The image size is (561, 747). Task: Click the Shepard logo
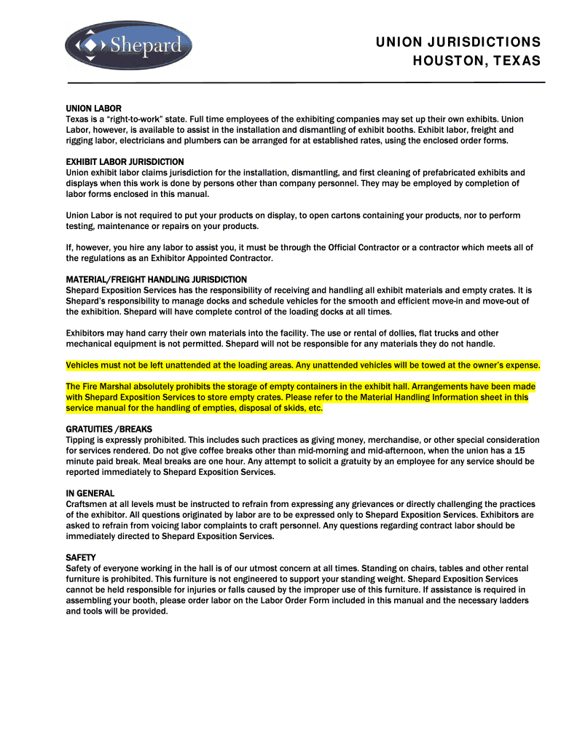pos(128,46)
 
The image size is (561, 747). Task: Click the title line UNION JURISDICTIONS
pos(458,42)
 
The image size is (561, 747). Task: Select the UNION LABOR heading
pos(93,109)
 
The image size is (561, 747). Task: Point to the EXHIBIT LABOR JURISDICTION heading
pos(125,162)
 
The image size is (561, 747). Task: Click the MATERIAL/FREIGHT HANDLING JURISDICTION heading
pos(156,279)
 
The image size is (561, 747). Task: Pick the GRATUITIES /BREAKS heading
pos(109,430)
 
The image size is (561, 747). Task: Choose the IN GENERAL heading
pos(91,494)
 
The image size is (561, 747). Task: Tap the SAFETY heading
pos(80,557)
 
